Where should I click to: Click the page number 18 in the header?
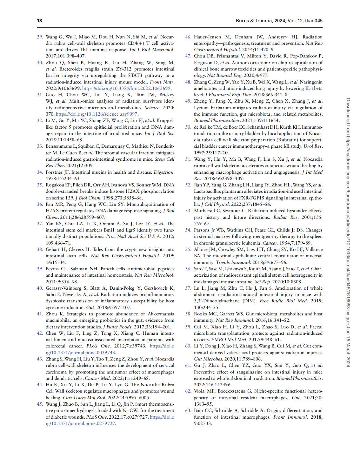point(39,21)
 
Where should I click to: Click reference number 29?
point(40,37)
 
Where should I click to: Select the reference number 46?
point(188,37)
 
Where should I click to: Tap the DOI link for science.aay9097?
point(97,114)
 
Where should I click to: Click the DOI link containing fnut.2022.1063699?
point(127,88)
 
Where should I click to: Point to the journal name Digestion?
point(163,172)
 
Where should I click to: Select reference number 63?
point(188,410)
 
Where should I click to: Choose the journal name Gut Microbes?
point(208,359)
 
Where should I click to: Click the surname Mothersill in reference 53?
point(205,211)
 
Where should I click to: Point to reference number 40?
point(40,288)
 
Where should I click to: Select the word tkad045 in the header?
point(314,21)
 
